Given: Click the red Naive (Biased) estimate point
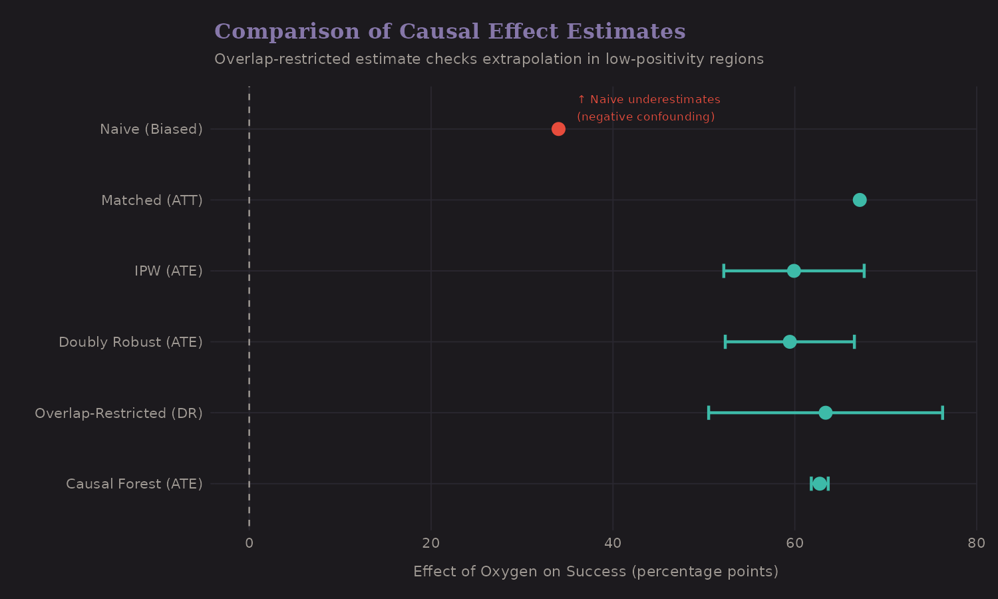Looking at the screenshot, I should pos(558,129).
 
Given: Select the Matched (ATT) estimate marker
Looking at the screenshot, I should pos(860,200).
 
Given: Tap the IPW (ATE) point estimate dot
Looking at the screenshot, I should pos(794,271).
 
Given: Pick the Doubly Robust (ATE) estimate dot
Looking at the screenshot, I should pos(790,342).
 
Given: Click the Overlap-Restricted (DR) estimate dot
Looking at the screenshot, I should pos(826,413).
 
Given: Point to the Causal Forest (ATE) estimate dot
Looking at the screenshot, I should pos(820,484).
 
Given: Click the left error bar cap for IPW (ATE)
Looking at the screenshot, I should pos(724,271).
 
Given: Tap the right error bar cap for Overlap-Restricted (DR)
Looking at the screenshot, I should pos(942,413).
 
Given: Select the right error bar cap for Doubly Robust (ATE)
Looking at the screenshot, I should pos(854,342).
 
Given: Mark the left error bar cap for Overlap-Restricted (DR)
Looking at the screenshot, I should pos(709,413).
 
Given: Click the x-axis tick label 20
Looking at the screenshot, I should pos(431,543).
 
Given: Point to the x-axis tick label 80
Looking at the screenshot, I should pos(976,543).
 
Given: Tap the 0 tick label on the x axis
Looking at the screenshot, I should pos(249,543).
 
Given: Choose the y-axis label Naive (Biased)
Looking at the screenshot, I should pos(151,129).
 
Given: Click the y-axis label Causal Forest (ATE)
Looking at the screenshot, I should pos(134,484).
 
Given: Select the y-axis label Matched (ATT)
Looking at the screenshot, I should pos(152,200).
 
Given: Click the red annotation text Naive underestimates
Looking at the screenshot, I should pos(649,100).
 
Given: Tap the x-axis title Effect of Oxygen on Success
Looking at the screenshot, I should pos(595,572).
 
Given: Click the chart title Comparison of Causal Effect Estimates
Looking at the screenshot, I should pos(450,31).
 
